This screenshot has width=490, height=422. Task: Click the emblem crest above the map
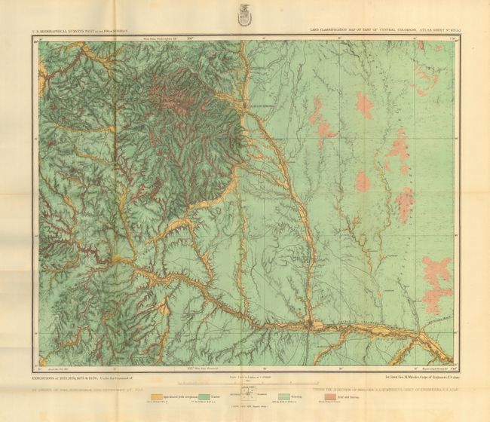tap(244, 14)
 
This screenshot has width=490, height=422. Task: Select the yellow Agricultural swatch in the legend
tap(157, 396)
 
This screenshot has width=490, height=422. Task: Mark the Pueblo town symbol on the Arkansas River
tap(310, 325)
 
